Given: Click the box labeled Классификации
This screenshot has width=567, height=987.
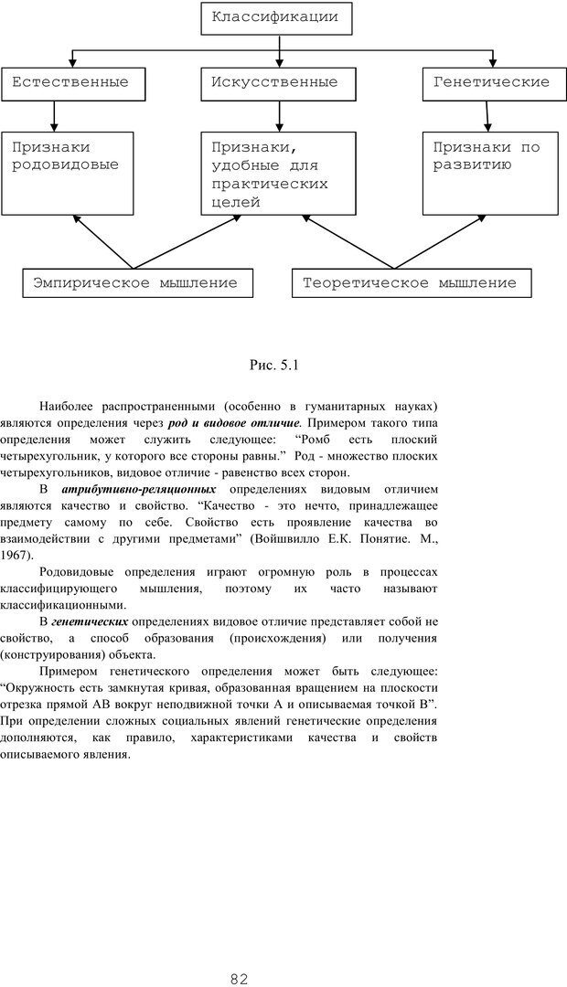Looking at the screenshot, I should (x=275, y=17).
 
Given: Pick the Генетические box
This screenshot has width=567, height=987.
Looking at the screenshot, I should (x=491, y=82).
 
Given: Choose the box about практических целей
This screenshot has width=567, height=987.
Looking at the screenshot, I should (x=279, y=175).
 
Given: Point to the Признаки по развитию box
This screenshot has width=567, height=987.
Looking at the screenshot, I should (x=490, y=173).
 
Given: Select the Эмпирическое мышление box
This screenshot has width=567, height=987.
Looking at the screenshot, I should (x=134, y=283).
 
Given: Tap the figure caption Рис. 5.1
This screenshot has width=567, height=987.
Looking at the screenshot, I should (x=274, y=366).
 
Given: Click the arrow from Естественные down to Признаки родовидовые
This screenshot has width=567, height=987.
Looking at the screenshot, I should (x=55, y=115).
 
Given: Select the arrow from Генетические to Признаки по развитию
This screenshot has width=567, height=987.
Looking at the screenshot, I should (x=487, y=115).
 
